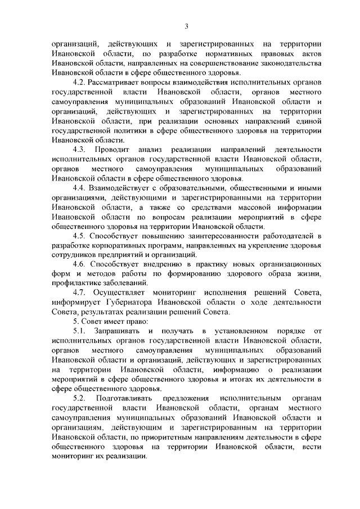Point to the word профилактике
[77, 282]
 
